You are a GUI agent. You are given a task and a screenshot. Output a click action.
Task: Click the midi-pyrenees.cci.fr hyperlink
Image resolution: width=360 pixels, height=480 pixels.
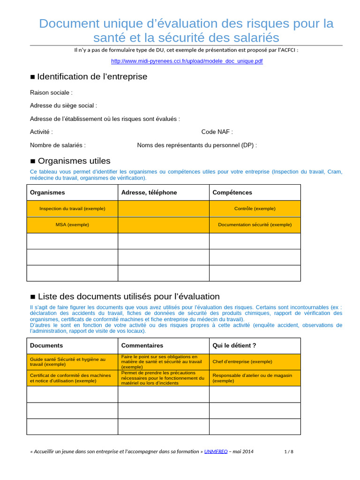tap(187, 61)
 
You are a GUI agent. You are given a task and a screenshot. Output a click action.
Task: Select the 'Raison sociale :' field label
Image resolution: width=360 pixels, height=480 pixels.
tap(51, 93)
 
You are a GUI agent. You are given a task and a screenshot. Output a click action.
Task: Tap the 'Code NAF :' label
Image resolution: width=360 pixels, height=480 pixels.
tap(217, 132)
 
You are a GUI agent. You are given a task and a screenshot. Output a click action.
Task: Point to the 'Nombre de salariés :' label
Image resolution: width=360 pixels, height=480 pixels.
tap(58, 145)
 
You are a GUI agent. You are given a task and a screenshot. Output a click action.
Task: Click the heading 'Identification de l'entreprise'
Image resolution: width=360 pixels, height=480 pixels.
tap(92, 76)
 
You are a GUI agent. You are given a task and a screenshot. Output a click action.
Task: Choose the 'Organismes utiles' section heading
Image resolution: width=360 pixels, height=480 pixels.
tap(74, 161)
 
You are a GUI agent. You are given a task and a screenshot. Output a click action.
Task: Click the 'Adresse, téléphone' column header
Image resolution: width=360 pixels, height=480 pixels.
tap(149, 193)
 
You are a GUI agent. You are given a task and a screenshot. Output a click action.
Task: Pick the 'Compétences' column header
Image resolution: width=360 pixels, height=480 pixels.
tap(232, 193)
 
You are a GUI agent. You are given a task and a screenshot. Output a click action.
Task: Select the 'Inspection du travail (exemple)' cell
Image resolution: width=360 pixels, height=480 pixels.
tap(72, 209)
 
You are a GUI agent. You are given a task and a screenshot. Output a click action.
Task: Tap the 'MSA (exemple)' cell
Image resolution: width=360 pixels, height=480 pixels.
tap(72, 225)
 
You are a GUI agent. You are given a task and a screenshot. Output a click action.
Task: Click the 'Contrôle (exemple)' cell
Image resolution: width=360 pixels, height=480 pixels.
tap(255, 209)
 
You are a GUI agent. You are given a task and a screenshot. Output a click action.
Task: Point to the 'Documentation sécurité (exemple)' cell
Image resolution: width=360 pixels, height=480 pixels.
tap(255, 225)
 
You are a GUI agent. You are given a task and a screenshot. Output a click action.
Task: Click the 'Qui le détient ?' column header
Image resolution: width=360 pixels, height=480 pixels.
tap(234, 345)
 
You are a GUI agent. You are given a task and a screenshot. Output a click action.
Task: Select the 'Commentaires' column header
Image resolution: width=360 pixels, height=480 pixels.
tap(142, 345)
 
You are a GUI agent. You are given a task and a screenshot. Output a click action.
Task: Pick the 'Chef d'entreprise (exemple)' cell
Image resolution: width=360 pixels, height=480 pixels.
tap(242, 362)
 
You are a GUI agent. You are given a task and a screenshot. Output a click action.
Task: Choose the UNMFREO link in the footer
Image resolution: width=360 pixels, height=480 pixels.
tap(216, 451)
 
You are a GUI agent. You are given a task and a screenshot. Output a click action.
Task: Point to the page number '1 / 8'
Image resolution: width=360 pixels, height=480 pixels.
tap(289, 452)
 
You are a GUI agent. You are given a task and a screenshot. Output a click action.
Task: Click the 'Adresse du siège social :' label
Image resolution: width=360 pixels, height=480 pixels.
tap(63, 106)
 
